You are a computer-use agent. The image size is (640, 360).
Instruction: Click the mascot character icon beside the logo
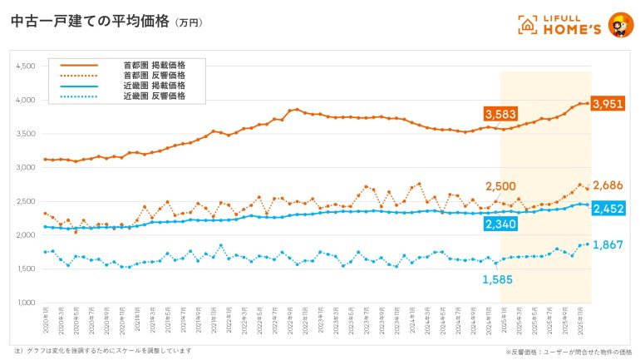618,23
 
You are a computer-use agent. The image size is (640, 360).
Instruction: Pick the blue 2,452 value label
609,208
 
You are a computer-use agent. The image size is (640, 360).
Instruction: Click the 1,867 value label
608,244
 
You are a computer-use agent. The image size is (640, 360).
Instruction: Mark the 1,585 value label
498,279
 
